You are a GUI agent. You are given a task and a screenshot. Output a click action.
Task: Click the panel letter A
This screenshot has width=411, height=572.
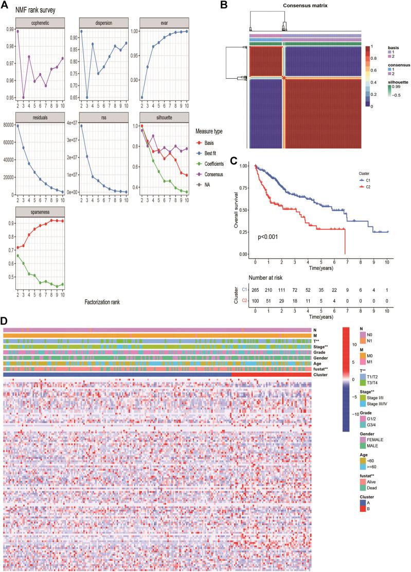(6, 5)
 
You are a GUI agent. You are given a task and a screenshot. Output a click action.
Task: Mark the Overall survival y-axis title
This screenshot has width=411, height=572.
(235, 207)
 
